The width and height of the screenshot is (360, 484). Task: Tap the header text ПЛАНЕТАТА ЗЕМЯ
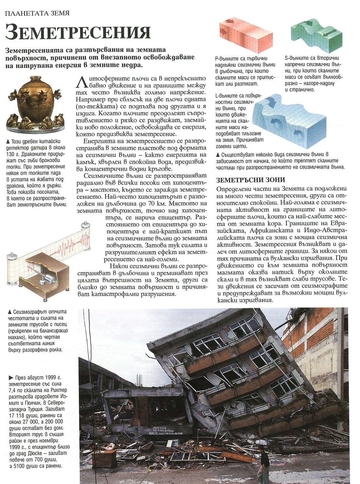click(37, 13)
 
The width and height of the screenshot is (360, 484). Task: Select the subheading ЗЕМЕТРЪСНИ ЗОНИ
click(250, 180)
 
